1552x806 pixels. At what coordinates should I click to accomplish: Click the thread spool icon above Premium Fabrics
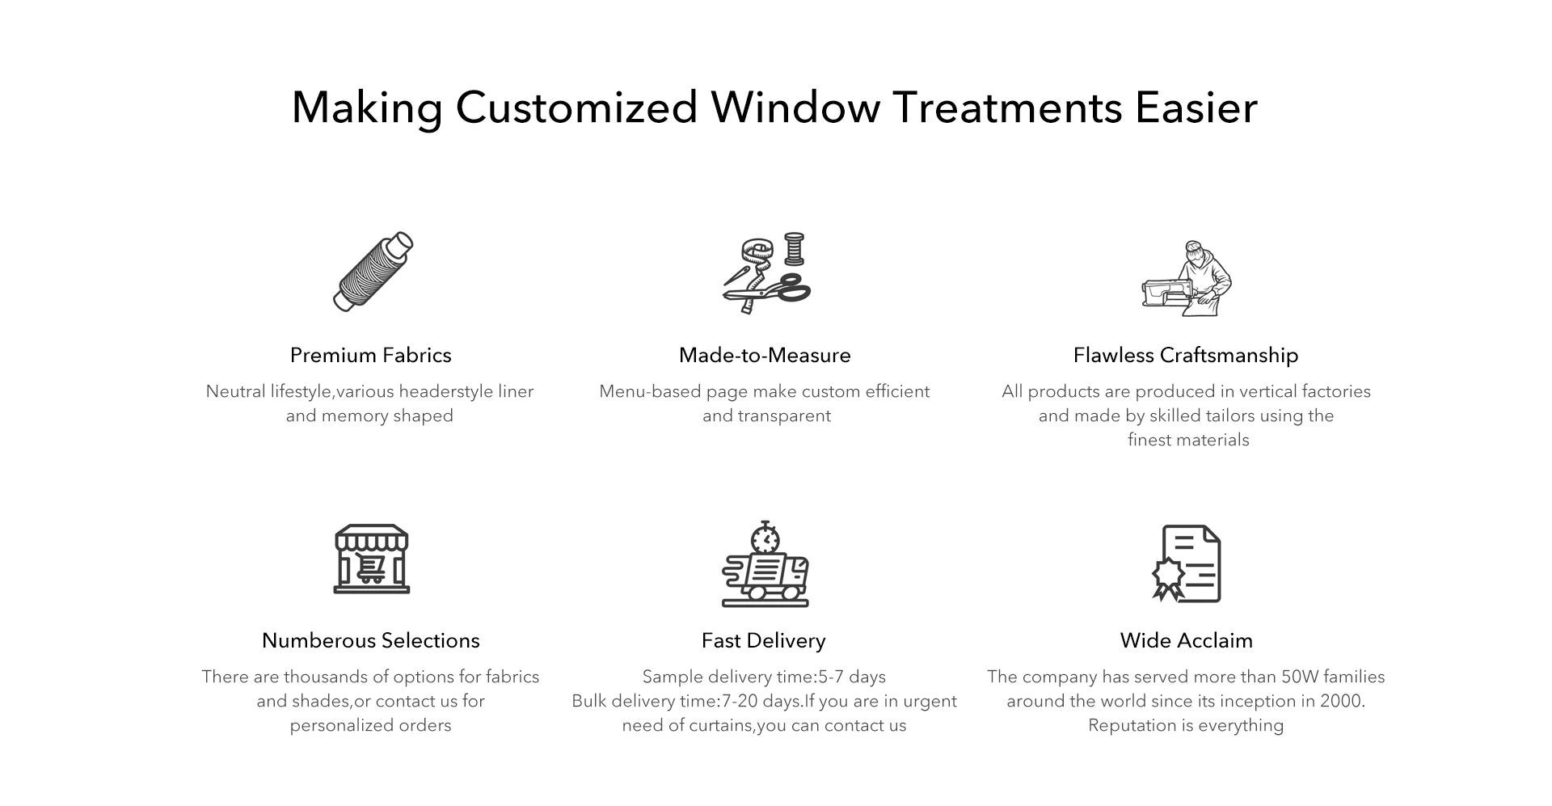click(x=373, y=272)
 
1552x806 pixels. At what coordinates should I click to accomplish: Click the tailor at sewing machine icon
click(x=1186, y=278)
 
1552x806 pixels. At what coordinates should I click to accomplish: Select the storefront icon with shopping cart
click(x=372, y=559)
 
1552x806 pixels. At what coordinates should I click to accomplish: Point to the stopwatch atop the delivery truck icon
click(x=765, y=537)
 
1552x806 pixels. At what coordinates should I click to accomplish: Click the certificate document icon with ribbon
click(x=1186, y=563)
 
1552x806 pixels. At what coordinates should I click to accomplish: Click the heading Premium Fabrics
click(x=370, y=355)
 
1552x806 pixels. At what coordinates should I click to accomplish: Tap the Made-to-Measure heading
click(x=765, y=355)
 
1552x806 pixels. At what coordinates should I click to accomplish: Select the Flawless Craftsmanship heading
click(x=1186, y=355)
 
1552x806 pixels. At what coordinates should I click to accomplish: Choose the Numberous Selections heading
click(x=370, y=640)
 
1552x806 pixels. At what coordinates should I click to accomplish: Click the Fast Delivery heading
click(x=764, y=640)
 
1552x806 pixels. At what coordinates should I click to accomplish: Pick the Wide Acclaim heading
click(x=1186, y=640)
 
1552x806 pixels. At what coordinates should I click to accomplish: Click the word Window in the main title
click(x=795, y=108)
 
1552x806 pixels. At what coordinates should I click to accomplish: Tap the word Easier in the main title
click(x=1196, y=108)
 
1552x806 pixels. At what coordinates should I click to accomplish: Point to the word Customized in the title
click(x=576, y=108)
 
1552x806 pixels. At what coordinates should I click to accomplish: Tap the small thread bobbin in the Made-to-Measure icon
click(x=795, y=249)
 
